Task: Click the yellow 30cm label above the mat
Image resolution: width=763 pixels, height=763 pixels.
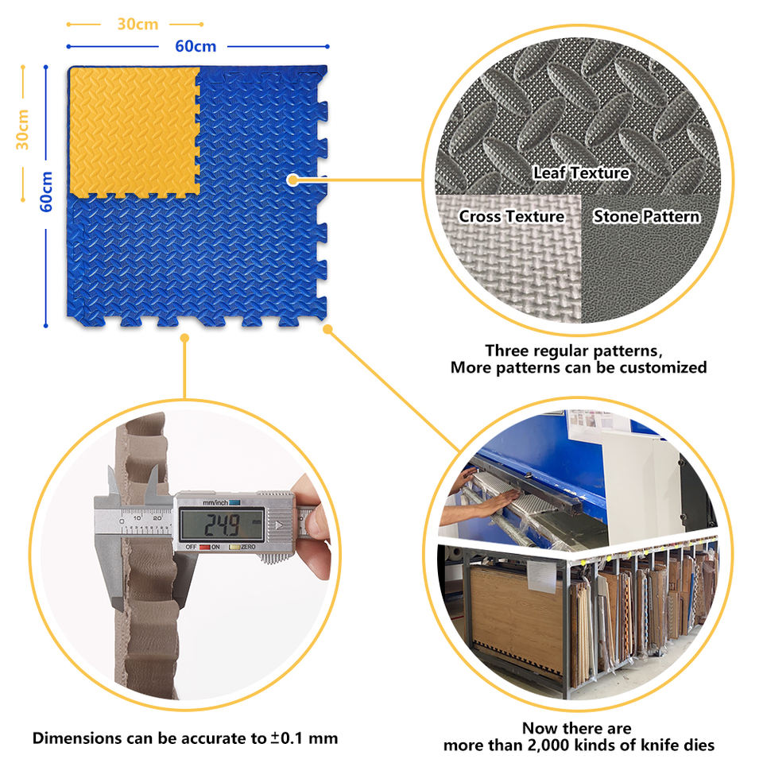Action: pos(137,24)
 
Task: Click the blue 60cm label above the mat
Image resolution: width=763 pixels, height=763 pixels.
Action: pos(196,46)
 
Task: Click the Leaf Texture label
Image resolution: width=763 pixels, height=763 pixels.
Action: pos(581,172)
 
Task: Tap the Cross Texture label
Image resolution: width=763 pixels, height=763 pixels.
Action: pos(511,216)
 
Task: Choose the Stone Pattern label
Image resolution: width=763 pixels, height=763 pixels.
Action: pos(646,216)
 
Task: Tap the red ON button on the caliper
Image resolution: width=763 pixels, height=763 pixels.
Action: pos(205,547)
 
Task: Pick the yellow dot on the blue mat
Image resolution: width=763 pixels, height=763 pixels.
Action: pos(292,180)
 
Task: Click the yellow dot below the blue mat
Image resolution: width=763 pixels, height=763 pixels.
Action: pos(184,338)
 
